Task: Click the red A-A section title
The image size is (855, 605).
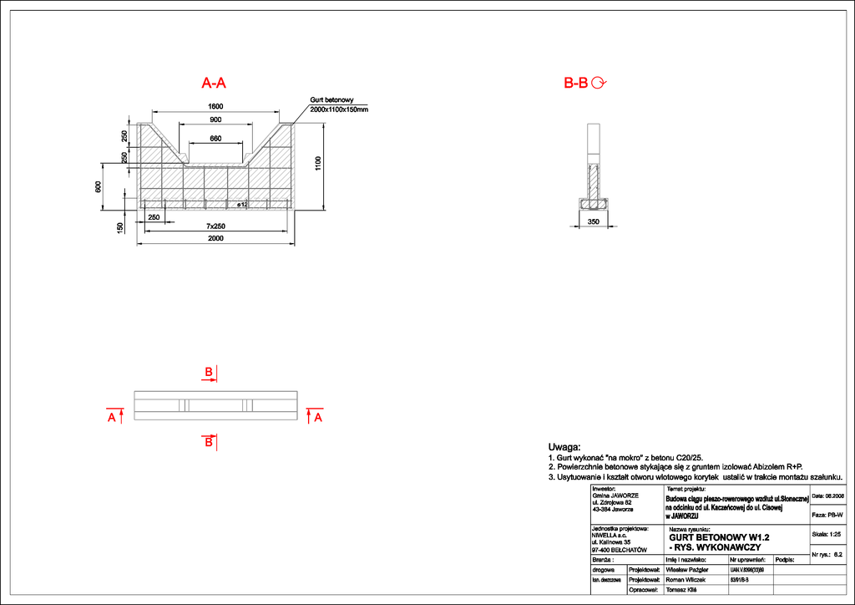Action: (x=214, y=83)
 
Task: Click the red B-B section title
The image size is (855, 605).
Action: (x=576, y=83)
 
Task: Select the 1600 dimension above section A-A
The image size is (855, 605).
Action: (x=215, y=106)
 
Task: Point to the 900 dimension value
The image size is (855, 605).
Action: (x=215, y=120)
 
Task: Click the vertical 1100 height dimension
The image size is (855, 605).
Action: (x=317, y=164)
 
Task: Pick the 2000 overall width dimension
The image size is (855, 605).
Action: (x=215, y=239)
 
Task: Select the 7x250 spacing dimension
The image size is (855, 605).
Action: (x=215, y=226)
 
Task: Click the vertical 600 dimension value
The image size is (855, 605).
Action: (x=98, y=187)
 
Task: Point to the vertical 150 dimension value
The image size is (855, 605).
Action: (x=121, y=227)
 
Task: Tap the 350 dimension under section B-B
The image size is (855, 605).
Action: (x=594, y=221)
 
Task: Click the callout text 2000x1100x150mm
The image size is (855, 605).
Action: (x=338, y=109)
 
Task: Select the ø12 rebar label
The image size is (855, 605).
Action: (x=243, y=204)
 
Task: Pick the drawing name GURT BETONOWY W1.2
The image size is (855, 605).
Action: (x=719, y=537)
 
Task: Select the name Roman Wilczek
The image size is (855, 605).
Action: (x=686, y=579)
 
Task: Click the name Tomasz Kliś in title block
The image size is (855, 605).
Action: (x=682, y=589)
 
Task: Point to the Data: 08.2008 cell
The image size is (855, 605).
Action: (x=827, y=496)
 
